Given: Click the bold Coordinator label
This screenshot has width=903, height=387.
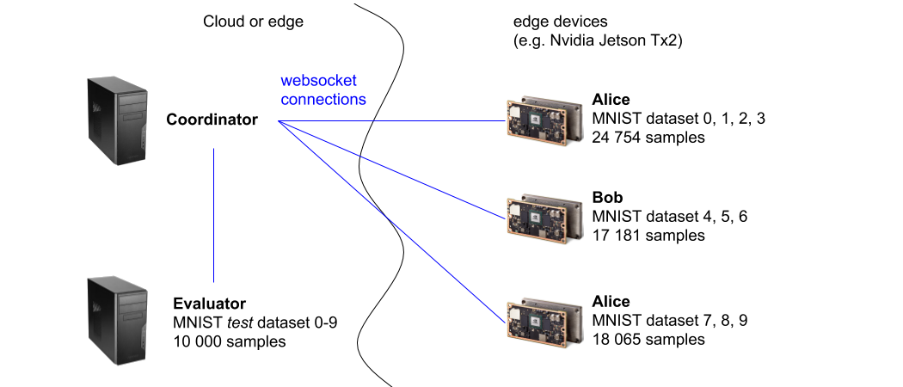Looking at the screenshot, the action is pyautogui.click(x=212, y=120).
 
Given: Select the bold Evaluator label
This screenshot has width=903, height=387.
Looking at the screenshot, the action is pyautogui.click(x=210, y=304).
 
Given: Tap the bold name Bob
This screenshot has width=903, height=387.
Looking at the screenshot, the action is pyautogui.click(x=607, y=198).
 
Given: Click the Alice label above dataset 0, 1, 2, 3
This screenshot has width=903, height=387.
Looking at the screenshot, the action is pyautogui.click(x=611, y=100).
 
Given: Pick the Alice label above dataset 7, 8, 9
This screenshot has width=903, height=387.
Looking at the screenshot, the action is pyautogui.click(x=611, y=301).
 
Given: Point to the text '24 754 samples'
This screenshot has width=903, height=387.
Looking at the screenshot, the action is pyautogui.click(x=648, y=138).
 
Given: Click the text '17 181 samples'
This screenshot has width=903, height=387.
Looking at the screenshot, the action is pyautogui.click(x=648, y=236).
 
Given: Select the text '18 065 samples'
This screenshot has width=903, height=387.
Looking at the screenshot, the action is pyautogui.click(x=648, y=339).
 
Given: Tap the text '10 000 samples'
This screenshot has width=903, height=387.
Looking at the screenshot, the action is pyautogui.click(x=230, y=341).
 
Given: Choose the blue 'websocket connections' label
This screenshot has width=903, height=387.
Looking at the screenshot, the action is pyautogui.click(x=323, y=89).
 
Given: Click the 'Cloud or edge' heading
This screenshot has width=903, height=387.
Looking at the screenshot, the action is pyautogui.click(x=254, y=21).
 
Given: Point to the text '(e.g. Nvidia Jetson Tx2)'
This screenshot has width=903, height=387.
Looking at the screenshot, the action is pyautogui.click(x=598, y=41).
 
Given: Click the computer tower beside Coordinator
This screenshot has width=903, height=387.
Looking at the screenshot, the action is pyautogui.click(x=118, y=121).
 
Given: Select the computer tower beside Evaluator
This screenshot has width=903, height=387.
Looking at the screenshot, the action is pyautogui.click(x=118, y=320).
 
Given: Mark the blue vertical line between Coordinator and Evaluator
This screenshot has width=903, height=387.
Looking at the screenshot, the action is pyautogui.click(x=213, y=215).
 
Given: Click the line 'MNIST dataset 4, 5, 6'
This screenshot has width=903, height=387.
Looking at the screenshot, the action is pyautogui.click(x=670, y=217).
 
